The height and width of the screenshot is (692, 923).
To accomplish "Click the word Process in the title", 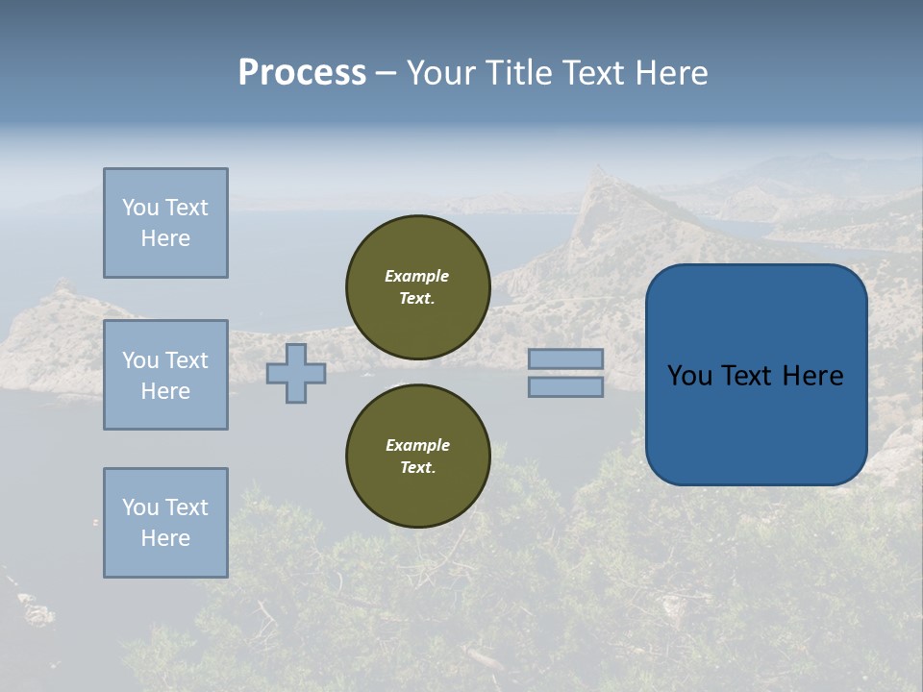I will pos(302,73).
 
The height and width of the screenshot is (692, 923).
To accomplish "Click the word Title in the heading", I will pos(519,73).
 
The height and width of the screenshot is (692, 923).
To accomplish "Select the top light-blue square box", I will pos(165,223).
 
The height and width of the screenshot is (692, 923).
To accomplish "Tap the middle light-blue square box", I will pos(165,375).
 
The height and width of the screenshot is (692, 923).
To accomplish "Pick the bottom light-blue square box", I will pos(165,523).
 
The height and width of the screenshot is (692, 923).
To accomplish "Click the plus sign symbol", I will pos(296,373).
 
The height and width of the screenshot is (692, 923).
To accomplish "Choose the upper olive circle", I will pos(417,287).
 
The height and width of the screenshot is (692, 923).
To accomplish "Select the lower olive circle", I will pos(417,457).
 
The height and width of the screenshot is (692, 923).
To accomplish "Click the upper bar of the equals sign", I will pos(565,358).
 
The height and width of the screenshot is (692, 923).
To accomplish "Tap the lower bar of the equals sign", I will pos(565,387).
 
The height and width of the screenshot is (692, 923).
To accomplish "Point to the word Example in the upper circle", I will pos(416,276).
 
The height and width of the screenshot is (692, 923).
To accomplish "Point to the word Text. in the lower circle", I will pos(417,468).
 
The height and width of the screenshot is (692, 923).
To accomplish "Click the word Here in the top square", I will pos(165,238).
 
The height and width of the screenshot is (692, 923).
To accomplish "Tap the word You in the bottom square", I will pos(140,507).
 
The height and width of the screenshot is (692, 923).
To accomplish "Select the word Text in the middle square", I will pos(187,360).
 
